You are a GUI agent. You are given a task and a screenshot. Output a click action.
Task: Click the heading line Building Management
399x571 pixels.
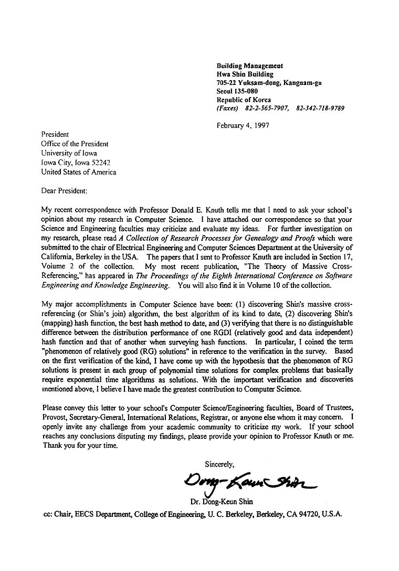250,66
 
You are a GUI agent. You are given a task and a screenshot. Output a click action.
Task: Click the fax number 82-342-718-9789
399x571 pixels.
320,108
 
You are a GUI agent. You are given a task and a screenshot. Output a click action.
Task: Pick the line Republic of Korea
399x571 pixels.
244,100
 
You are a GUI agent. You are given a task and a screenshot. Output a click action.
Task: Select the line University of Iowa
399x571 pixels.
69,153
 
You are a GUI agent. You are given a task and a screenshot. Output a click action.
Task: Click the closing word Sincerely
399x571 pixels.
219,464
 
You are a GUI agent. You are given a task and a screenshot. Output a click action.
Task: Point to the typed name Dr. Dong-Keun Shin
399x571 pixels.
223,502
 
